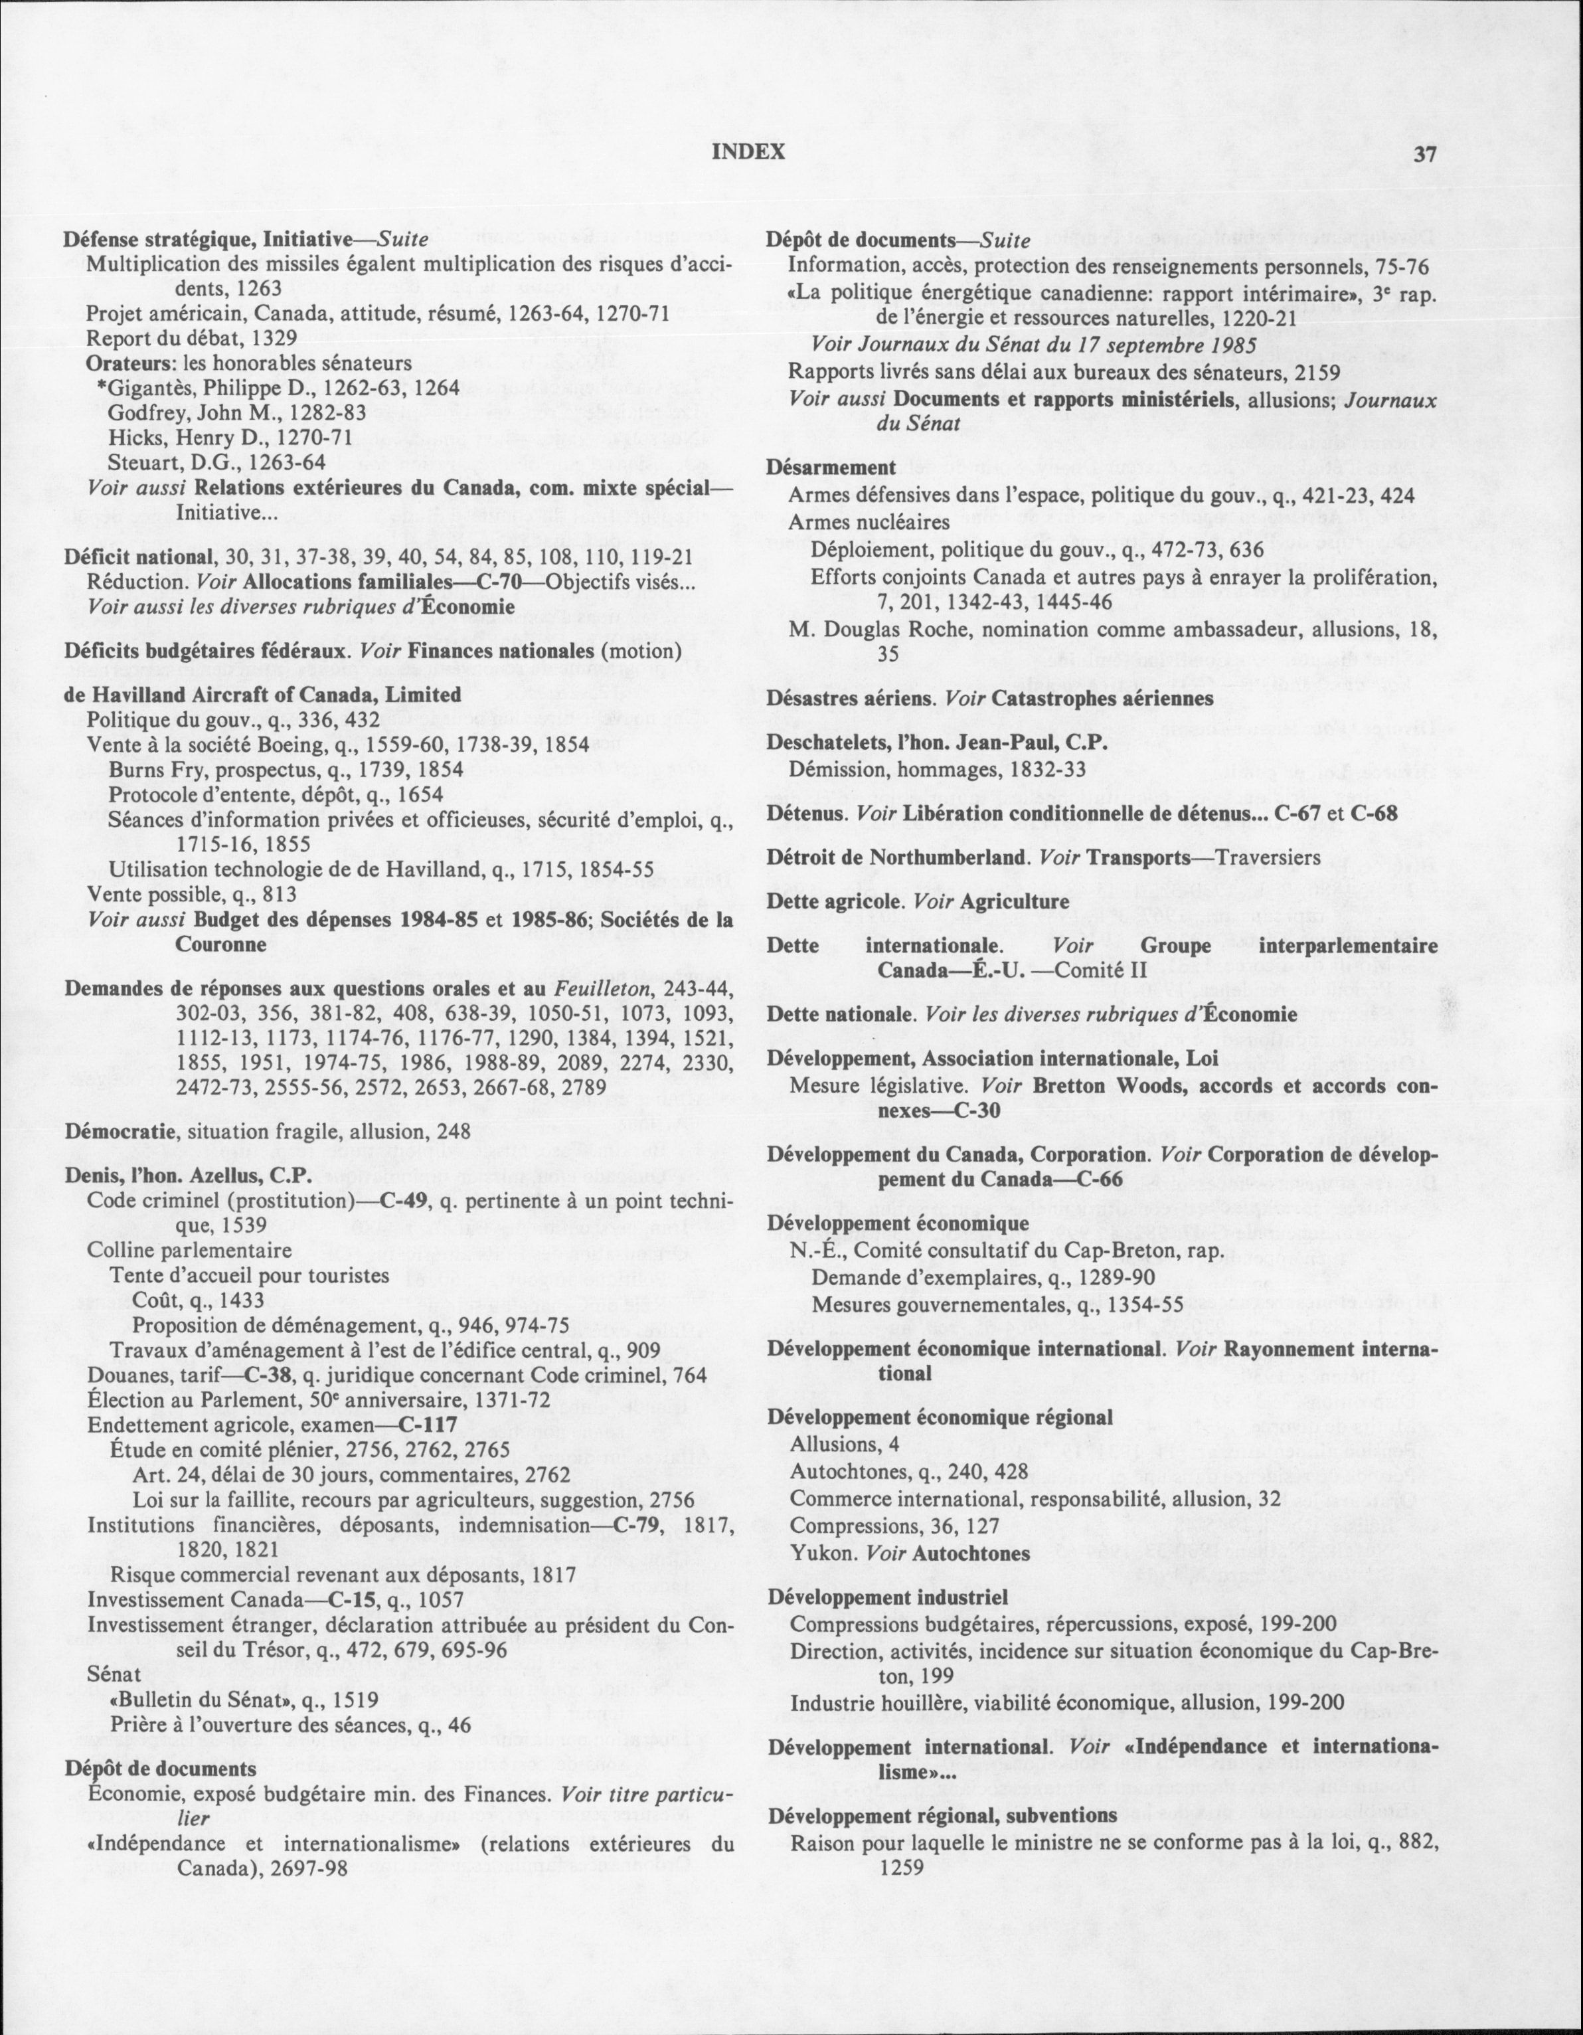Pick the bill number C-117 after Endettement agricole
427,1425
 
